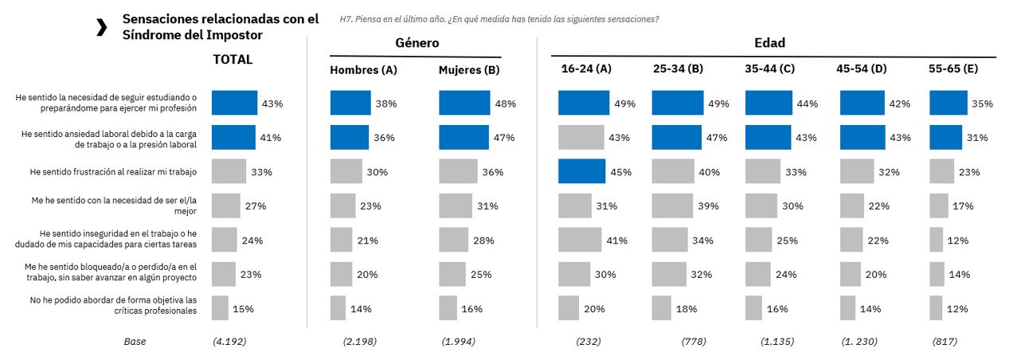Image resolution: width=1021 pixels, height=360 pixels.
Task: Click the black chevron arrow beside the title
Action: click(x=101, y=27)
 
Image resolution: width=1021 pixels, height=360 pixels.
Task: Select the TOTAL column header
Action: click(x=233, y=60)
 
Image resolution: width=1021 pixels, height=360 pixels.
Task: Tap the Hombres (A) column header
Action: click(x=363, y=70)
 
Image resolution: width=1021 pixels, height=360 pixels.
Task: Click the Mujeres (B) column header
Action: click(x=469, y=70)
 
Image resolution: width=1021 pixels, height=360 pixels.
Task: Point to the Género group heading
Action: click(x=417, y=43)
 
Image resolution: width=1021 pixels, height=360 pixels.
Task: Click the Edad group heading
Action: click(x=769, y=43)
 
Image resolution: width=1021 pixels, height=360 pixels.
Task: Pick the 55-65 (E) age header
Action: click(x=953, y=69)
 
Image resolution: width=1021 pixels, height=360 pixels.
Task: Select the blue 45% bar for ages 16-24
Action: click(x=584, y=172)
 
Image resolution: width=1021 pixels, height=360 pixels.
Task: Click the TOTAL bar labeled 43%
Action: click(x=235, y=104)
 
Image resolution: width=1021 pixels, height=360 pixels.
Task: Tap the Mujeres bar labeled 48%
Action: click(x=464, y=104)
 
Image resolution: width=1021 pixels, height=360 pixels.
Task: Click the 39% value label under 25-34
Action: click(x=708, y=206)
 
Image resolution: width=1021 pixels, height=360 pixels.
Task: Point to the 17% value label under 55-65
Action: click(x=962, y=206)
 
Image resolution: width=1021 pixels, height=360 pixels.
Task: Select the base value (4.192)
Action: click(x=229, y=342)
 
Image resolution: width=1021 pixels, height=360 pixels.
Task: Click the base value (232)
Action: click(x=588, y=342)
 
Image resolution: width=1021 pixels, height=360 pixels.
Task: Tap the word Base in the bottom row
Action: click(x=135, y=342)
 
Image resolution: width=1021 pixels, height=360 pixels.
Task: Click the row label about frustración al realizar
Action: click(x=112, y=172)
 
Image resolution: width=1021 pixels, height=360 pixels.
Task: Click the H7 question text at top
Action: click(x=499, y=18)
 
